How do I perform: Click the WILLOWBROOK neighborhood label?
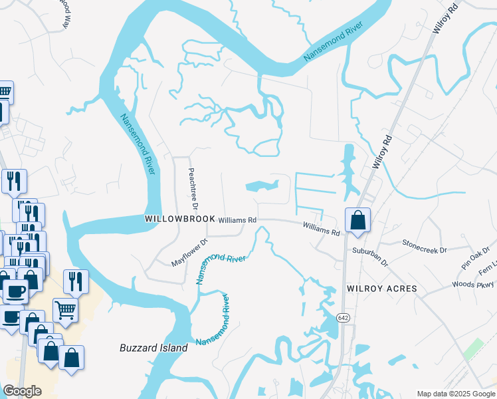[181, 219]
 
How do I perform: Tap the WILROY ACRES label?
[381, 289]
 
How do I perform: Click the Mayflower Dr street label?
[190, 253]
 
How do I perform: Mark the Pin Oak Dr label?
[476, 258]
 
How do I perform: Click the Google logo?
[22, 391]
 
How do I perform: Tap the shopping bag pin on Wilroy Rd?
[357, 220]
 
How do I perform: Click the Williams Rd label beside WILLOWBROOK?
[237, 219]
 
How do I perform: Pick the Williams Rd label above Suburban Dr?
[322, 229]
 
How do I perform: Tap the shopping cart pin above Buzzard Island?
[65, 309]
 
